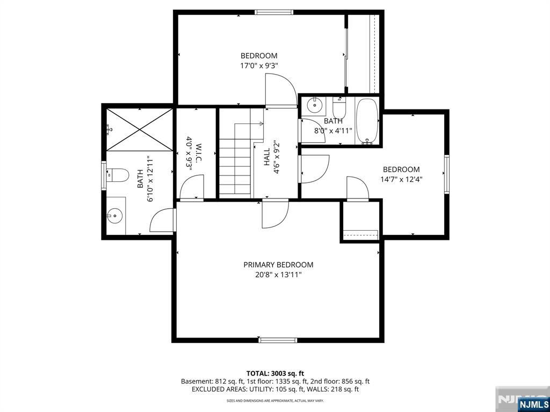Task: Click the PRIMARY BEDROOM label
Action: tap(278, 264)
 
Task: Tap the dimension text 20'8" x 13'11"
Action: tap(278, 275)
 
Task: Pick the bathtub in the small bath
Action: tap(367, 121)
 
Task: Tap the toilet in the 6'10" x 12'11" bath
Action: tap(119, 175)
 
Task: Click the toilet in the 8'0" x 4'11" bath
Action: tap(339, 109)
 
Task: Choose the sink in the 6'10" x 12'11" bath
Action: tap(114, 216)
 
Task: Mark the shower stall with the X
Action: tap(140, 130)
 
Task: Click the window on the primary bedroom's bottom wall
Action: tap(278, 340)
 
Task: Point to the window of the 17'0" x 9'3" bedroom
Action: tap(274, 12)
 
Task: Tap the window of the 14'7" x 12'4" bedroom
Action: tap(446, 173)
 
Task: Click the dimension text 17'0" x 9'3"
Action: tap(259, 65)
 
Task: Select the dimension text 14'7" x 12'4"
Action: tap(401, 180)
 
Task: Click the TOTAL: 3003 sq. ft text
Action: tap(275, 373)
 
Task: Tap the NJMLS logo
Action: tap(533, 404)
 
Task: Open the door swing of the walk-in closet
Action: tap(192, 189)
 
